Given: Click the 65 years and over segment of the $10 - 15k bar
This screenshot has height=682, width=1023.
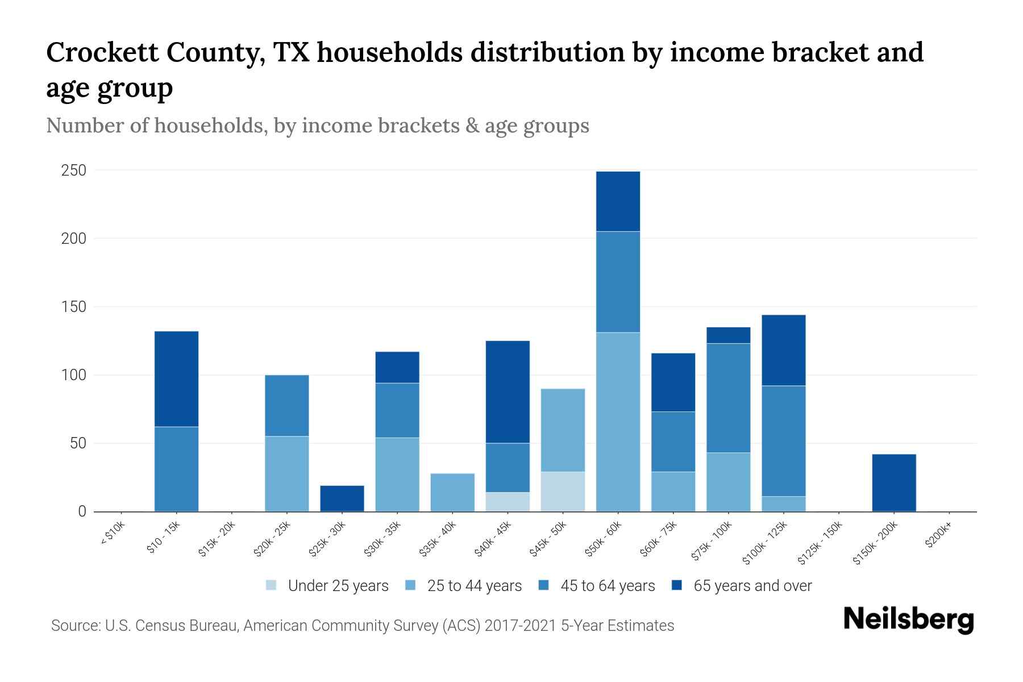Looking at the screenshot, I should tap(176, 379).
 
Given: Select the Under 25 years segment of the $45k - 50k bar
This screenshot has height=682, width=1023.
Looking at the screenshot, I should tap(563, 492).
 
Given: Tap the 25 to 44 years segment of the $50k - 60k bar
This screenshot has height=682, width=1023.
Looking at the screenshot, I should tap(618, 422).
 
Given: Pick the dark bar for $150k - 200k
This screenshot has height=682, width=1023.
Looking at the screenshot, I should tap(894, 483).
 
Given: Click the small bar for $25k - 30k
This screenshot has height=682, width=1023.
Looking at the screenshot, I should tap(342, 498).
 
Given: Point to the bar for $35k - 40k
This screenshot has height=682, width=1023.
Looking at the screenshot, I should tap(452, 492).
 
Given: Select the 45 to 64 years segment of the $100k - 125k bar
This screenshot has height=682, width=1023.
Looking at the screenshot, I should tap(783, 441).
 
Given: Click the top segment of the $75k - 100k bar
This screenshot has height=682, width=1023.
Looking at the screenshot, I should tap(728, 335).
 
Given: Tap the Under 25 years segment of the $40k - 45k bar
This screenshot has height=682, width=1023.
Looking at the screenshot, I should tap(508, 502).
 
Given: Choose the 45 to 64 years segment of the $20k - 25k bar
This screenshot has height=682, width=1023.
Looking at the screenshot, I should tap(287, 406).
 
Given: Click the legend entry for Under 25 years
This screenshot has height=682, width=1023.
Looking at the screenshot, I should tap(327, 586).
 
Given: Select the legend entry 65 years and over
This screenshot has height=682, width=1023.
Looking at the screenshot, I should tap(742, 586).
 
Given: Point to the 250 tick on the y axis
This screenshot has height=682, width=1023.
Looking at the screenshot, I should tap(73, 170).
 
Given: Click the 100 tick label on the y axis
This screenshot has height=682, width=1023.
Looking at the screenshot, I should tap(73, 375).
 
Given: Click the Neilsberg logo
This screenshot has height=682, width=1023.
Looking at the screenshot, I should tap(908, 619).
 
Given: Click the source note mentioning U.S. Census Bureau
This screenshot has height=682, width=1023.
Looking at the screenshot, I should tap(363, 626).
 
